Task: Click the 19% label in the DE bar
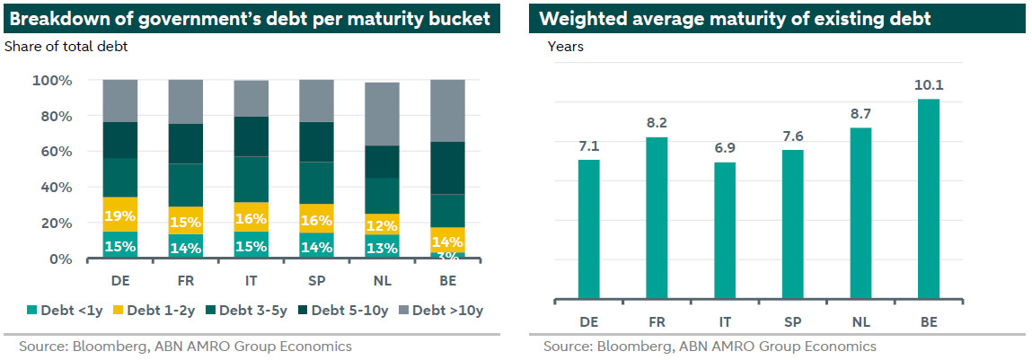[x=120, y=216]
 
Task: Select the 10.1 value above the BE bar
[x=929, y=86]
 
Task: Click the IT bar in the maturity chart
[x=725, y=230]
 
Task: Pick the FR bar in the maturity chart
[x=657, y=217]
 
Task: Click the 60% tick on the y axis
[x=54, y=152]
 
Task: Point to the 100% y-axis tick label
[x=51, y=80]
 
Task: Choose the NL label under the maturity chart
[x=860, y=320]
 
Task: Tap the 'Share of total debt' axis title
[x=66, y=47]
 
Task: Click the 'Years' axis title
[x=566, y=47]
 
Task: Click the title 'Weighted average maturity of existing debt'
[x=735, y=18]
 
